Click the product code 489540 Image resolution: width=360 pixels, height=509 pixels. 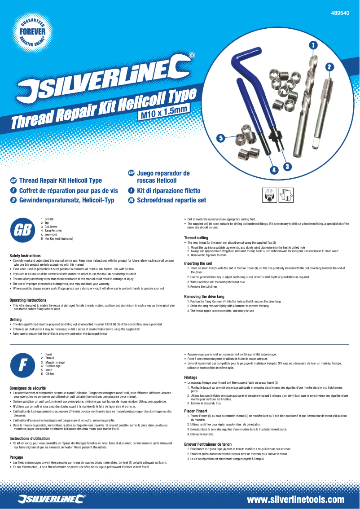(340, 13)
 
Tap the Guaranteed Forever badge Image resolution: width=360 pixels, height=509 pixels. (32, 32)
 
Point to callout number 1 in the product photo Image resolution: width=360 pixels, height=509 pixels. (313, 44)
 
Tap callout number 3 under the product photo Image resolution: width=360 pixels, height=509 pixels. (288, 166)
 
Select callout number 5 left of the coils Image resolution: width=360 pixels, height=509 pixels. (220, 138)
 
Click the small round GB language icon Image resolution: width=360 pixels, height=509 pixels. (13, 180)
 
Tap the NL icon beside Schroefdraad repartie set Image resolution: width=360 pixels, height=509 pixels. (131, 200)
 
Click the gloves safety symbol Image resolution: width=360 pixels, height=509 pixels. (286, 195)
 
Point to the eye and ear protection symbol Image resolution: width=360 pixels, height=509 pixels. (269, 195)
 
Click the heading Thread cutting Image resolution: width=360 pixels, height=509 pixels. (196, 237)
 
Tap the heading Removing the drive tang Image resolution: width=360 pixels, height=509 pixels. (204, 296)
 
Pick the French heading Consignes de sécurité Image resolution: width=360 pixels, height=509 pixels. (28, 388)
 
